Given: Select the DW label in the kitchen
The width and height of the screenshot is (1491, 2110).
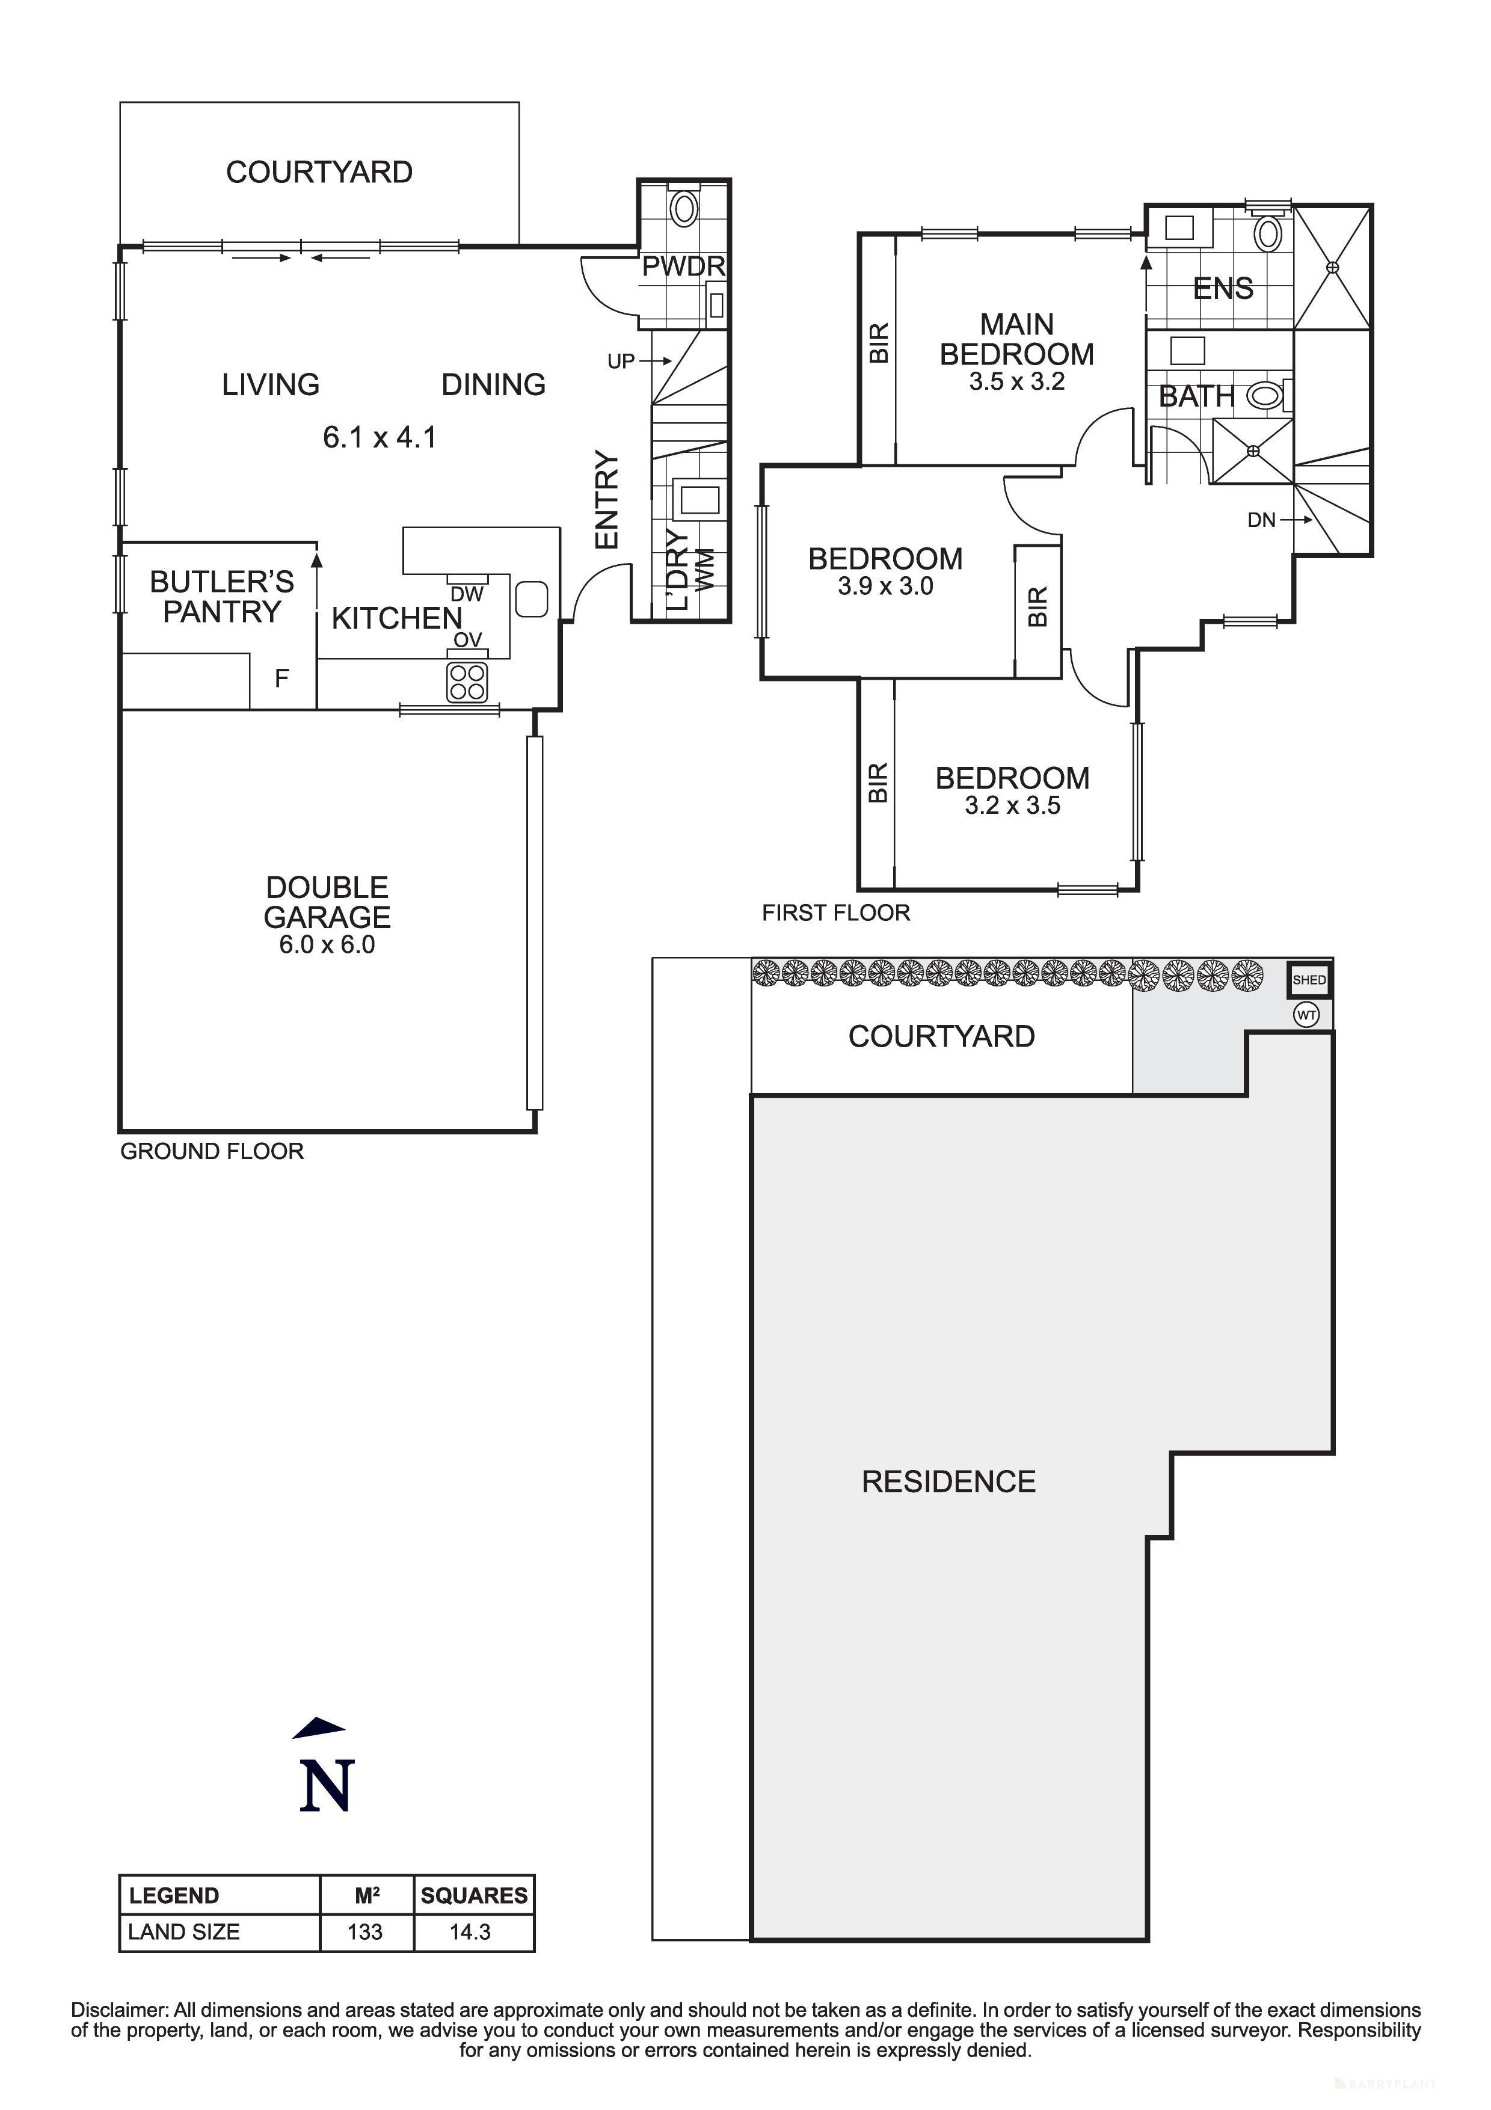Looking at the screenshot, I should pos(467,595).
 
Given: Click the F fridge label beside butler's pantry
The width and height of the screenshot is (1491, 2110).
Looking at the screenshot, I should pos(282,678).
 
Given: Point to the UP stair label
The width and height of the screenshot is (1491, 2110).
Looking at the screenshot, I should pos(621,361).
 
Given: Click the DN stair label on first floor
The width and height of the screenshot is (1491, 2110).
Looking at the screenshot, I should pos(1261,520).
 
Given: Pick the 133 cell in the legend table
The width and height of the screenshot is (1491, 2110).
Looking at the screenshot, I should pos(364,1932).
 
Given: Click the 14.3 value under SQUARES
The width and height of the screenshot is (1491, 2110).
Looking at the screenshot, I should pos(470,1932).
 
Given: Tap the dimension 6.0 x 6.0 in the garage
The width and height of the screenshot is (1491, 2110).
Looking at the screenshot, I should pos(327,945).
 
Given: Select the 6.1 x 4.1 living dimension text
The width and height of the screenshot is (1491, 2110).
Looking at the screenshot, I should pos(380,437).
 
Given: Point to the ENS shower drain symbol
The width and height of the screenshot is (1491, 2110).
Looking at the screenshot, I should pos(1333,268).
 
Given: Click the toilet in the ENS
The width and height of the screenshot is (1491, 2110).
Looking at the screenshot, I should pos(1268,233).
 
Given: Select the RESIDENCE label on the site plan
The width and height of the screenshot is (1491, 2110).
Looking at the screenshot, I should pos(948,1481).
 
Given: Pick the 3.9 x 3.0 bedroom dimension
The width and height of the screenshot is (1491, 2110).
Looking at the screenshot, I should pos(885,586).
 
